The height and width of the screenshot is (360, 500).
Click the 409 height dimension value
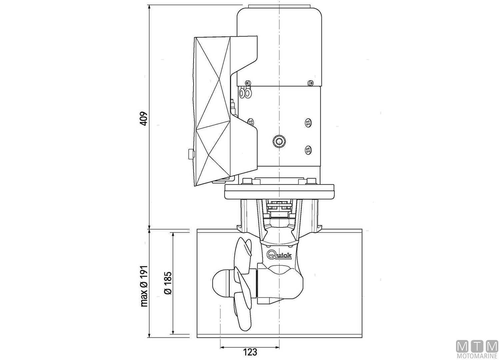[143, 119]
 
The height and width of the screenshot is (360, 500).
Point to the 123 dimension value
[250, 352]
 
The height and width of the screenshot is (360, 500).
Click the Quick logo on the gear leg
[280, 255]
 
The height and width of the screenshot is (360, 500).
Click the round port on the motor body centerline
[278, 141]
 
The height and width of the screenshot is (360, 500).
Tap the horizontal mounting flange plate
[279, 192]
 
